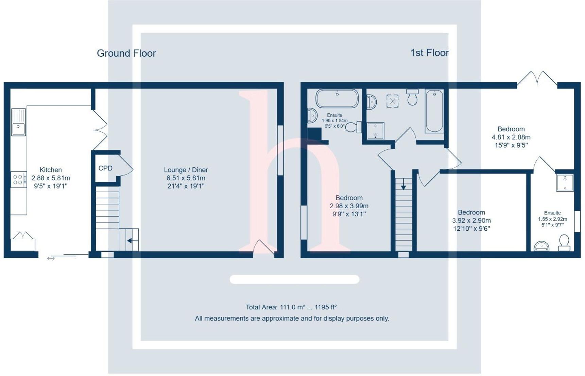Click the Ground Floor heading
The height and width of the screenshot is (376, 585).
[x=126, y=53]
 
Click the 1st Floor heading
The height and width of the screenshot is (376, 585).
[x=429, y=53]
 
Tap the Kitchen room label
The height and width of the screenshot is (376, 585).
[x=51, y=170]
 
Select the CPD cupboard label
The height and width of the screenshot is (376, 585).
[x=105, y=168]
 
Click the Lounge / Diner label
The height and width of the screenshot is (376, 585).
[x=186, y=170]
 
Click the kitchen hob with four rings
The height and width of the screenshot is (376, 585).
[x=18, y=180]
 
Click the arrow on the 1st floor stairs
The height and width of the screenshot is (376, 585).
[x=403, y=186]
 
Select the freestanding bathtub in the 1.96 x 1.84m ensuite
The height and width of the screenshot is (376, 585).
[x=337, y=98]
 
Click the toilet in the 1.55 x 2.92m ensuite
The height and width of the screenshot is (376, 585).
[x=564, y=242]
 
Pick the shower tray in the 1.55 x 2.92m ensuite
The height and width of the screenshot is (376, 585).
[x=565, y=183]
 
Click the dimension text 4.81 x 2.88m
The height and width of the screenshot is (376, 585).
[x=511, y=137]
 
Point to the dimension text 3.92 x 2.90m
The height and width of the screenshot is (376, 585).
[x=471, y=220]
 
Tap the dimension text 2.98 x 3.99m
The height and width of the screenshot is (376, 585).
[x=349, y=206]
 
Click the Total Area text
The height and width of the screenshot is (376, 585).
[x=291, y=307]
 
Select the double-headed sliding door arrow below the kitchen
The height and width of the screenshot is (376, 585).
[x=51, y=259]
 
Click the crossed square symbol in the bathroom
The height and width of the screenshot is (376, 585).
[x=392, y=101]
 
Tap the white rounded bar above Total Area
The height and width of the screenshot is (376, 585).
[x=294, y=279]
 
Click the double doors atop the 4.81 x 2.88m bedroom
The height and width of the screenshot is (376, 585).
[x=537, y=78]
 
